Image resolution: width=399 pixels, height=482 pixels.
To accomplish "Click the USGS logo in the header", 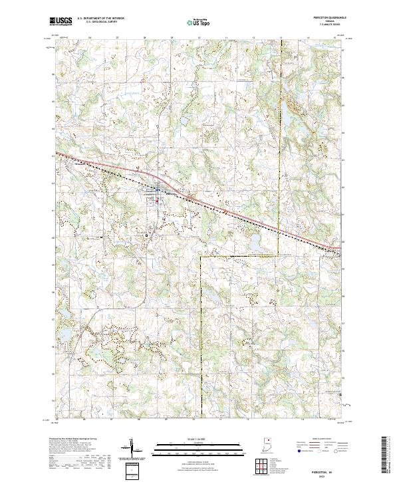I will pos(61,21).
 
